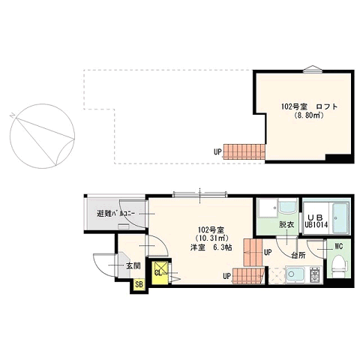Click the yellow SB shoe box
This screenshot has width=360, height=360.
[x=139, y=284]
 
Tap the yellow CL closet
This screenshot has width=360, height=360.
[x=160, y=272]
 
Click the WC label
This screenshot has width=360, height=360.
[x=339, y=247]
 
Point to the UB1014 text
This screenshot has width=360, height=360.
[x=316, y=224]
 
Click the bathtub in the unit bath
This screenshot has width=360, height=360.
[x=340, y=217]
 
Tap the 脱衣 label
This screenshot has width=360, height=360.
[x=286, y=225]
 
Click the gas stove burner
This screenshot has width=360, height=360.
[x=316, y=274]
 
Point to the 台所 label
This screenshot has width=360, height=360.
[x=298, y=256]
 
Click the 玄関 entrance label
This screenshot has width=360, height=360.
[x=133, y=266]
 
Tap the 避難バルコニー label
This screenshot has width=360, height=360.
[x=115, y=214]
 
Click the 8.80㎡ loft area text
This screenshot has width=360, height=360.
[x=309, y=115]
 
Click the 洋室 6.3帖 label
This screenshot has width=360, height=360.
[x=211, y=247]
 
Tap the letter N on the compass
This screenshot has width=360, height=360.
[x=12, y=115]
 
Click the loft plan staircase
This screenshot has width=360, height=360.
[x=244, y=151]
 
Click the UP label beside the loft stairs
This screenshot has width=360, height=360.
[x=217, y=151]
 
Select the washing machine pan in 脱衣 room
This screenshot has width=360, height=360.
[x=268, y=208]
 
